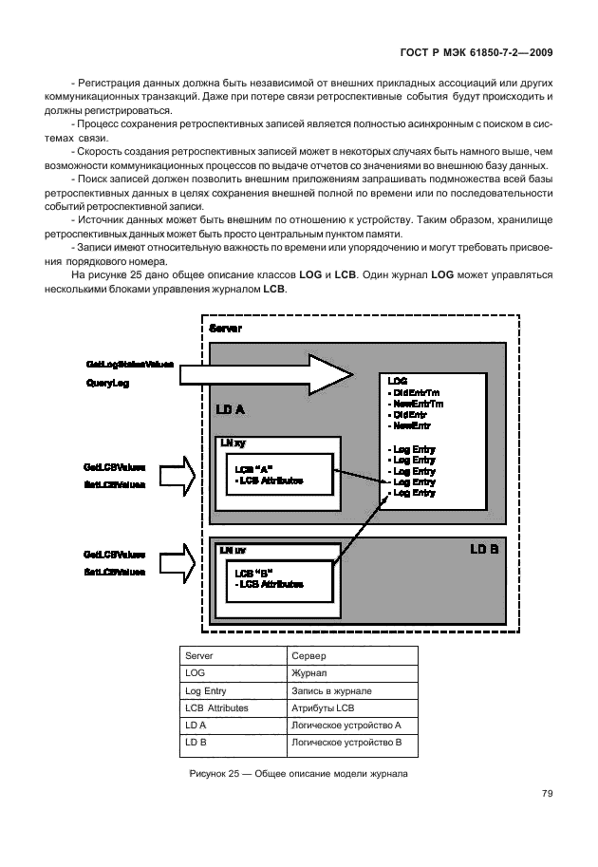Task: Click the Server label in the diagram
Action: tap(224, 328)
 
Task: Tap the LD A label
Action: tap(230, 409)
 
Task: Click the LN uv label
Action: tap(234, 550)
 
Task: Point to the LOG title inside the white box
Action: tap(397, 381)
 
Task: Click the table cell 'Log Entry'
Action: tap(206, 690)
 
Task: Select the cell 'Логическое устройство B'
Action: tap(347, 742)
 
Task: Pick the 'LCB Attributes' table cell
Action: tap(216, 707)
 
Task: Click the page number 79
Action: tap(547, 794)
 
